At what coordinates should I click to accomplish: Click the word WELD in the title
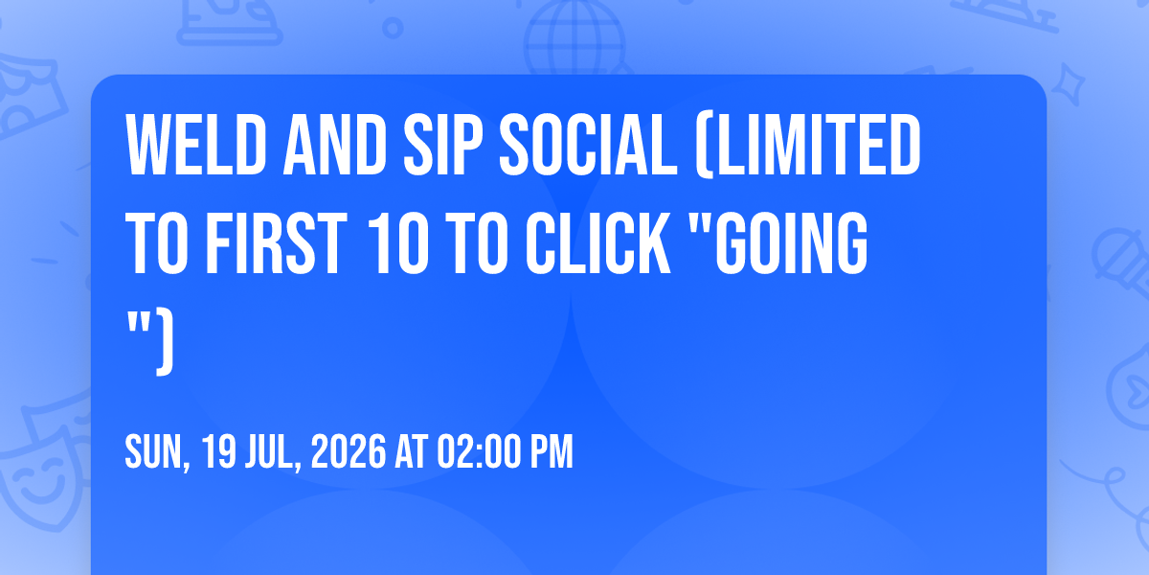[196, 146]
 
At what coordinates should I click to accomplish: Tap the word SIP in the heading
[442, 146]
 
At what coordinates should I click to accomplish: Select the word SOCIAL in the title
[588, 146]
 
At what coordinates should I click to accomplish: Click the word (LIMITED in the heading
[808, 146]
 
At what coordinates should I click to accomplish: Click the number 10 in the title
[398, 243]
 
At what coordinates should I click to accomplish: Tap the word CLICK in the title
[598, 243]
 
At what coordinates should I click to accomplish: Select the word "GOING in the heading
[777, 243]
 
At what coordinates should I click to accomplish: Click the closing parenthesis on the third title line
[165, 342]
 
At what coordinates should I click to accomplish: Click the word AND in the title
[335, 146]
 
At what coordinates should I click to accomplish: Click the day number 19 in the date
[218, 451]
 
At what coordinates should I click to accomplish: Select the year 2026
[349, 451]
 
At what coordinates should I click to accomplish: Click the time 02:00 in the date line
[479, 451]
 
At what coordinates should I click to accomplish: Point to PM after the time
[552, 451]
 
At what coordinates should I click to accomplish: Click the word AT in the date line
[411, 451]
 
